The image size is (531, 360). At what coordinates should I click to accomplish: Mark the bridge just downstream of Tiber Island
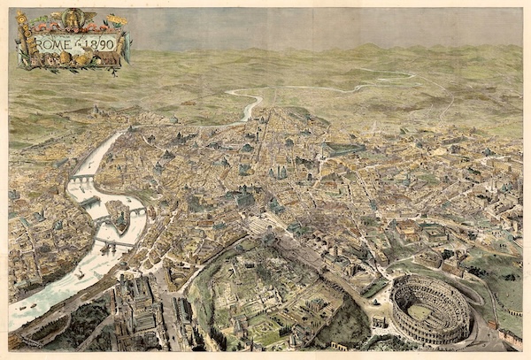click(115, 241)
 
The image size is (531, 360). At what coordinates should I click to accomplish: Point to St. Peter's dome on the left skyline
click(95, 111)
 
